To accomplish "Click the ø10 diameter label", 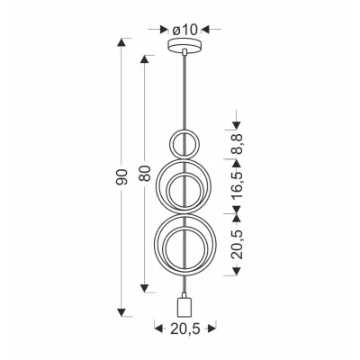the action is [x=184, y=30].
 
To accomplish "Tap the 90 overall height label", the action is [x=122, y=177].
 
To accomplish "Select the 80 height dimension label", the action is [x=145, y=173].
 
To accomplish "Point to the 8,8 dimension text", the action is [x=238, y=144].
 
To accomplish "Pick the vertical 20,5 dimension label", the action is [x=238, y=244].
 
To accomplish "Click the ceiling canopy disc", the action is [x=184, y=46].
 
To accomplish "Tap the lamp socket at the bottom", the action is [x=184, y=306].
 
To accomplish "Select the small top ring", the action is [x=170, y=144].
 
